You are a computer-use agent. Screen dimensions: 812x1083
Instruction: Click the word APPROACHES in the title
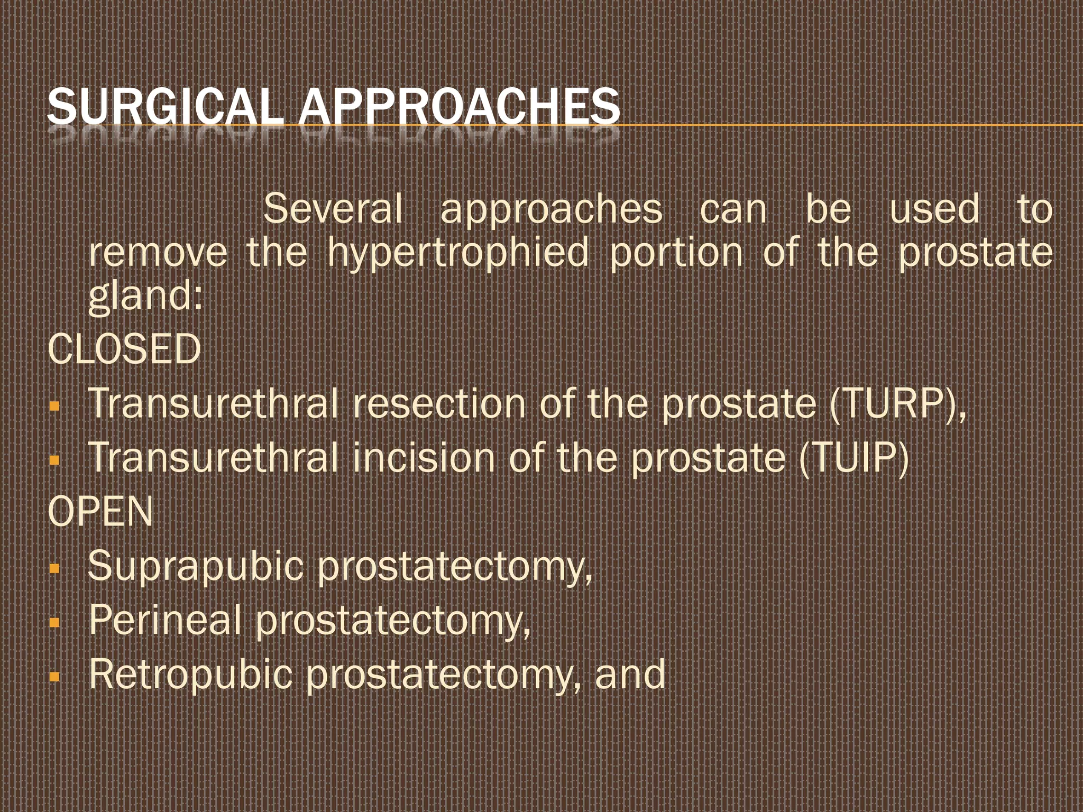point(459,107)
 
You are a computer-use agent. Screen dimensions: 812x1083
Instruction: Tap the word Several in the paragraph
point(333,209)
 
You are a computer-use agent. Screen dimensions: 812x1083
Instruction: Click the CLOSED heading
point(124,349)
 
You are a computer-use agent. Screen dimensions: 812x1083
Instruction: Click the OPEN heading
point(100,512)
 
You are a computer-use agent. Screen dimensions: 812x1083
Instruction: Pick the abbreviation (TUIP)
point(853,458)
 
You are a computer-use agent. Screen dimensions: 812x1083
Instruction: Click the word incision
point(424,458)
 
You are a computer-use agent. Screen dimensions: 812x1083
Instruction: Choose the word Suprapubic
point(195,566)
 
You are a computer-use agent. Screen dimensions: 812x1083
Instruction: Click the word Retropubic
point(190,675)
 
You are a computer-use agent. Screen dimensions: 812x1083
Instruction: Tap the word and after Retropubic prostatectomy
point(630,675)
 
